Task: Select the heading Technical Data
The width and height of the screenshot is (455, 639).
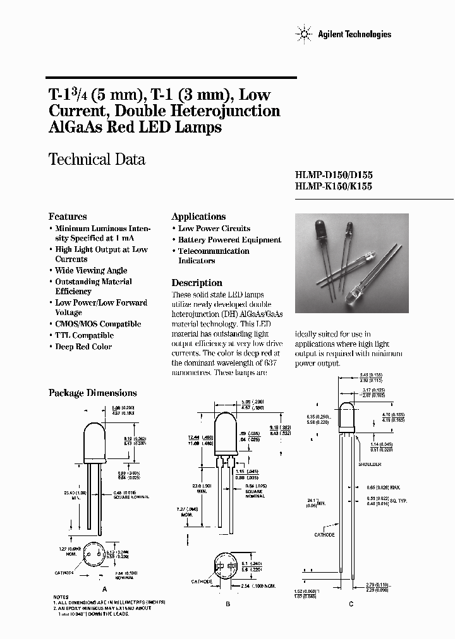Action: [x=97, y=159]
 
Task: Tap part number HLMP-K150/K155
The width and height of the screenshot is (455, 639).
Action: [x=334, y=187]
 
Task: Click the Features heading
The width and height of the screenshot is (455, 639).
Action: [x=68, y=216]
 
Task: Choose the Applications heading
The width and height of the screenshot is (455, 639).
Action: [x=198, y=216]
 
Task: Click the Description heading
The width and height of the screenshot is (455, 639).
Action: [x=197, y=283]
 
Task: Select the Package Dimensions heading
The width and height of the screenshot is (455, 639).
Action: [x=92, y=393]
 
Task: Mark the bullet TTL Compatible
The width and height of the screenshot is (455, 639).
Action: [x=84, y=335]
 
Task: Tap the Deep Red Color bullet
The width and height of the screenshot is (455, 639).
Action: [x=83, y=347]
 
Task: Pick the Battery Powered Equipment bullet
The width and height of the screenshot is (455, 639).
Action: [x=229, y=240]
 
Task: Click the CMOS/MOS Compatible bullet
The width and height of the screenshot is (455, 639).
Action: [x=97, y=324]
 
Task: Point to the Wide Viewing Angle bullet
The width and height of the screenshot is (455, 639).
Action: [x=91, y=270]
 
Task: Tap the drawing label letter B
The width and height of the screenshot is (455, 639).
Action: [x=228, y=604]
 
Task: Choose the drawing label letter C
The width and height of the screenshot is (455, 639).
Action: [x=351, y=604]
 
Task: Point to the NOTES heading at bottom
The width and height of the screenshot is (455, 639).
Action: [x=61, y=597]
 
